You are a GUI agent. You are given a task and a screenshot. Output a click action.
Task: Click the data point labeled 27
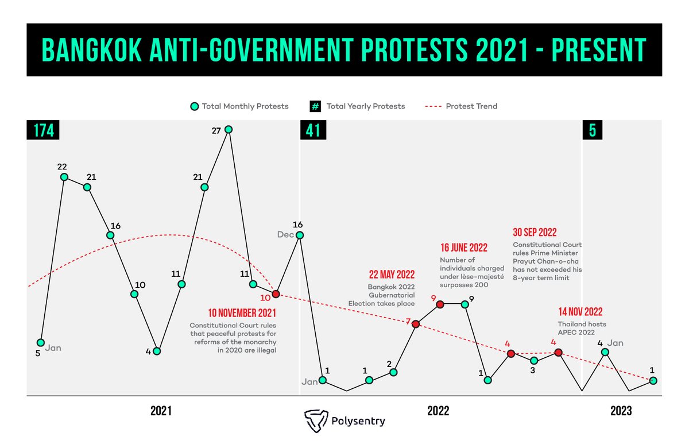[229, 129]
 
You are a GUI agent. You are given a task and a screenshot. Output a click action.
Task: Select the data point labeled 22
[64, 177]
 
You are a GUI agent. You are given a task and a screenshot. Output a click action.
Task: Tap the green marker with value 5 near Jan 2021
[40, 342]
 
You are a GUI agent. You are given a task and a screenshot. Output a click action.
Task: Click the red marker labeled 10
[276, 294]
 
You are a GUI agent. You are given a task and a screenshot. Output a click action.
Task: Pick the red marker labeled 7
[416, 323]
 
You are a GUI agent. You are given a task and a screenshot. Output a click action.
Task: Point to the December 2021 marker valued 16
[300, 235]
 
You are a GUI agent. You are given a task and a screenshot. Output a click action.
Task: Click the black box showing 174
[44, 130]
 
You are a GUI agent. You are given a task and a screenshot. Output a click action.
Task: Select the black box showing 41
[313, 130]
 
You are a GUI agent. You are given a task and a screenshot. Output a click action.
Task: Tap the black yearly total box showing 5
[593, 130]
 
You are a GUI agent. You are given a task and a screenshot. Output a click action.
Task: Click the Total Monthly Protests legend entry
[239, 106]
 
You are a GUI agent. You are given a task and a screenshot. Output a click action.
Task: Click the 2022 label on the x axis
[438, 411]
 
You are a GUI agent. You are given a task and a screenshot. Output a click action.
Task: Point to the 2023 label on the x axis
[621, 411]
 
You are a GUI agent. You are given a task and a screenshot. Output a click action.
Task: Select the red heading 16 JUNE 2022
[464, 248]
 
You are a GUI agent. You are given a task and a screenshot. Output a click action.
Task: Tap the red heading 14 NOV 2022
[580, 312]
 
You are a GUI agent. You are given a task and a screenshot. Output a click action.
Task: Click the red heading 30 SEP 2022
[535, 233]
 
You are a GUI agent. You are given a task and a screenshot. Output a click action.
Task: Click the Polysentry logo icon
[315, 420]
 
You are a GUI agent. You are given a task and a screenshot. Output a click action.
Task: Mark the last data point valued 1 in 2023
[653, 380]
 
